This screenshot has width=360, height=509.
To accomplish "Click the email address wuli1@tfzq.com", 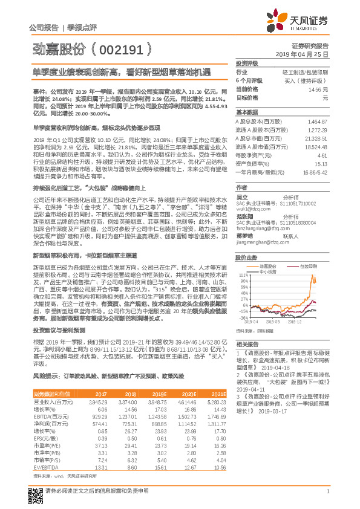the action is click(250, 206).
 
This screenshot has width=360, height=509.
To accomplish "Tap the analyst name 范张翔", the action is click(244, 216).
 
